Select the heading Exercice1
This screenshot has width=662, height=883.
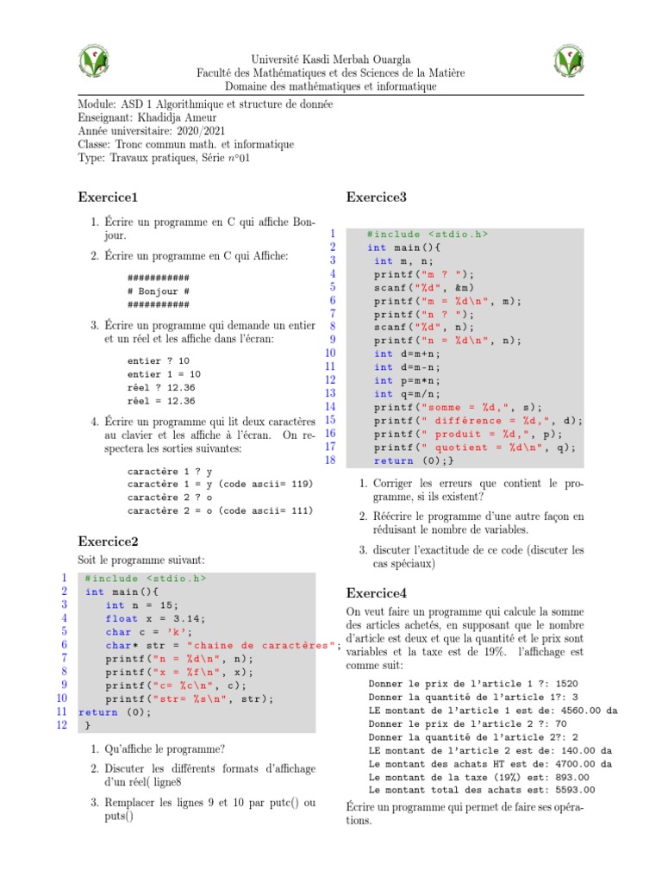109,197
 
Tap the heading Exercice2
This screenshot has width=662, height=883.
109,542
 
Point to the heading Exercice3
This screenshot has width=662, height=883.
376,197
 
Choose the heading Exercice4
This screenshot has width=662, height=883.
376,593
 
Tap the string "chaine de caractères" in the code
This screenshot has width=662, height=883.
257,645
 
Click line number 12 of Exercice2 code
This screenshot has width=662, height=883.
61,725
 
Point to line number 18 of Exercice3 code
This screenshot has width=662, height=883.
328,460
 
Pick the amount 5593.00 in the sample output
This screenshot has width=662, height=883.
570,790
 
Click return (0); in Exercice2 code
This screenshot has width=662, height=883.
115,712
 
